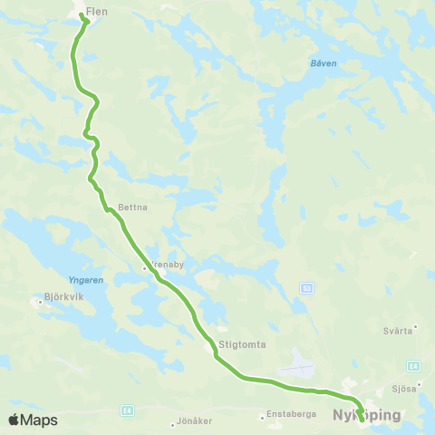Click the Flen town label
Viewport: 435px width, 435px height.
(96, 13)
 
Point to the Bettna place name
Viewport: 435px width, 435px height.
(132, 207)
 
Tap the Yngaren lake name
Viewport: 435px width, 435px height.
(86, 280)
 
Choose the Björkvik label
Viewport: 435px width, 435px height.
(63, 295)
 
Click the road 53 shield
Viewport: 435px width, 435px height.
(307, 287)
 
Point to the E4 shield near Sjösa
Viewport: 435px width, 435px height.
(413, 365)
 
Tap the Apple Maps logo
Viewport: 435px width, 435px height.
(33, 420)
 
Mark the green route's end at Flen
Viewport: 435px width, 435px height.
(83, 17)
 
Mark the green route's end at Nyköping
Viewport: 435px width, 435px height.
(362, 419)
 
